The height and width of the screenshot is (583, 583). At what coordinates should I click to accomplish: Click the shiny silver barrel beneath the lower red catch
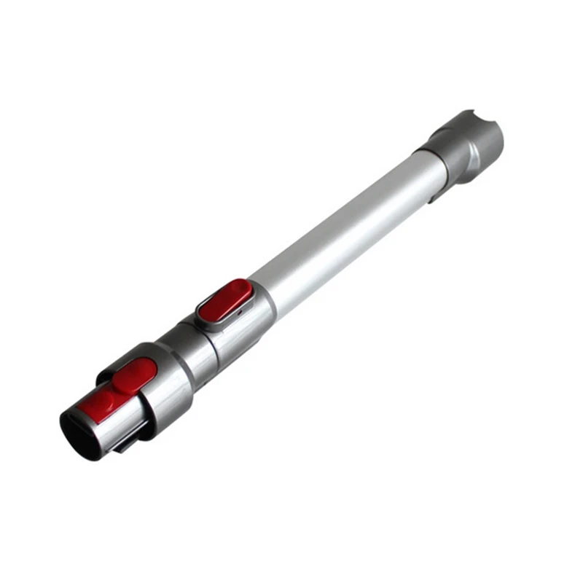coord(117,430)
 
